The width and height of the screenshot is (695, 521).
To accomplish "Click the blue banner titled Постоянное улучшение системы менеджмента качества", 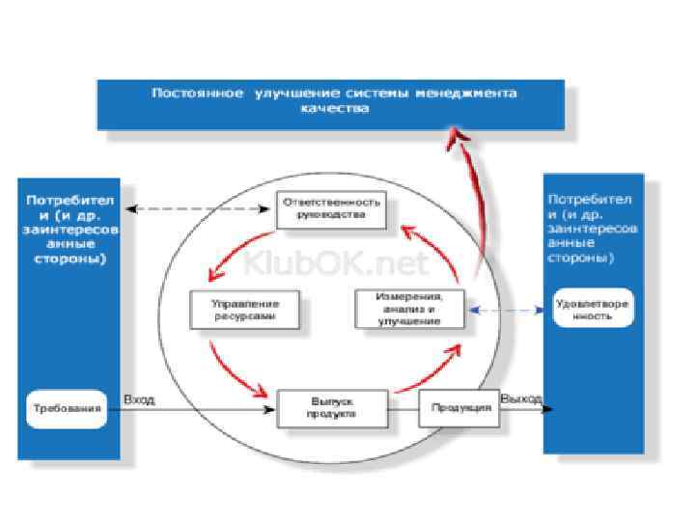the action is coord(331,104).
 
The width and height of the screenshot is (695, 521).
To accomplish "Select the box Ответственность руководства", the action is coord(331,209).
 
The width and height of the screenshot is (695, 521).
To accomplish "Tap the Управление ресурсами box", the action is coord(247,310).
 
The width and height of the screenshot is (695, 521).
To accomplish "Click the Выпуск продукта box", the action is coord(332,408).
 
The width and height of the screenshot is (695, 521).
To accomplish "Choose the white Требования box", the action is coord(63,409).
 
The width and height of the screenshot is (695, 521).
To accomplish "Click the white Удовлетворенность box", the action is coord(593,309).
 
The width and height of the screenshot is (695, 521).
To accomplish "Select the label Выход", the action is coord(520,398).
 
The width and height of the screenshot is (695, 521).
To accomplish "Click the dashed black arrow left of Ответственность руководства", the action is coord(199,208).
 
